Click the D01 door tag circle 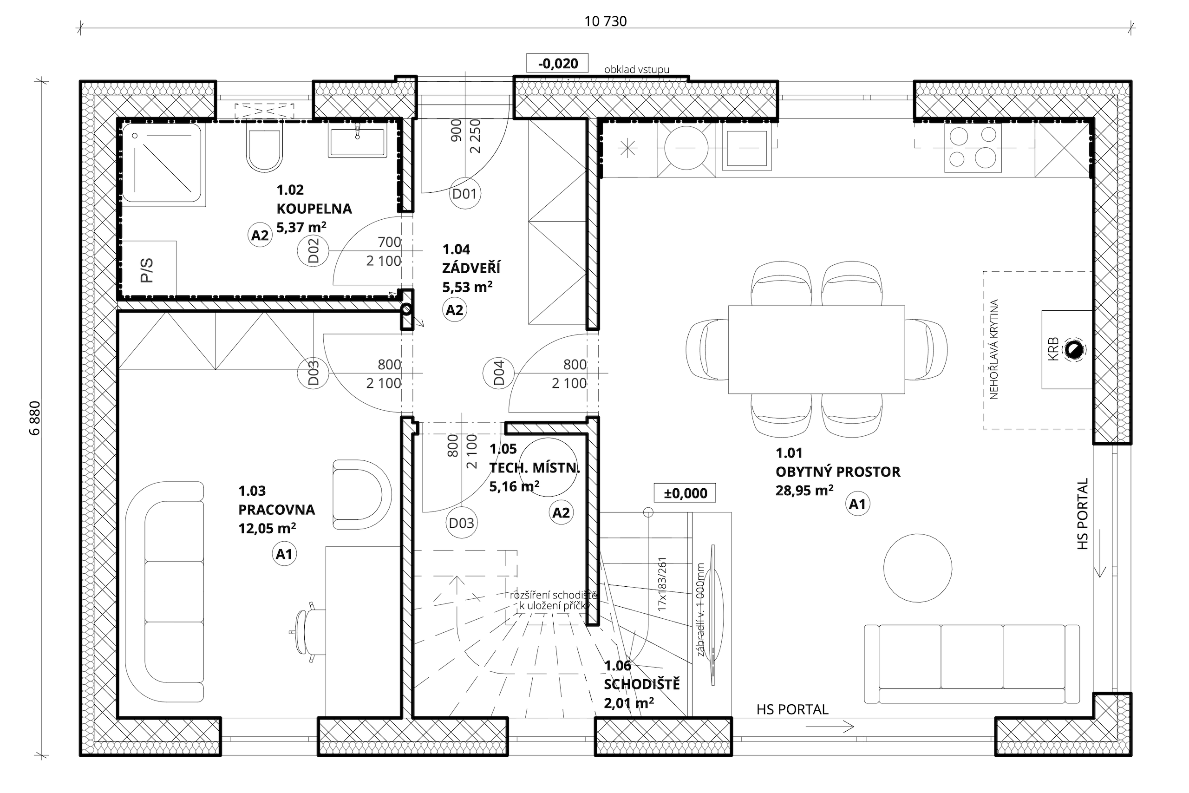click(464, 193)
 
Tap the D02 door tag click(314, 250)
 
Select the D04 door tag click(498, 373)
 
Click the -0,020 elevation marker click(558, 63)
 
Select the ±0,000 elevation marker click(685, 493)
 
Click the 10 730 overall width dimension click(606, 21)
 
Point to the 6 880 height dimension click(35, 418)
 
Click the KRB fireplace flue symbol click(1074, 350)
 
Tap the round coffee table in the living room click(918, 568)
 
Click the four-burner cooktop click(973, 147)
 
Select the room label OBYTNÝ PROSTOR click(838, 472)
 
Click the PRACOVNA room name click(276, 510)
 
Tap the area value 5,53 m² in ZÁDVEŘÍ click(468, 287)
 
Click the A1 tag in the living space click(857, 504)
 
